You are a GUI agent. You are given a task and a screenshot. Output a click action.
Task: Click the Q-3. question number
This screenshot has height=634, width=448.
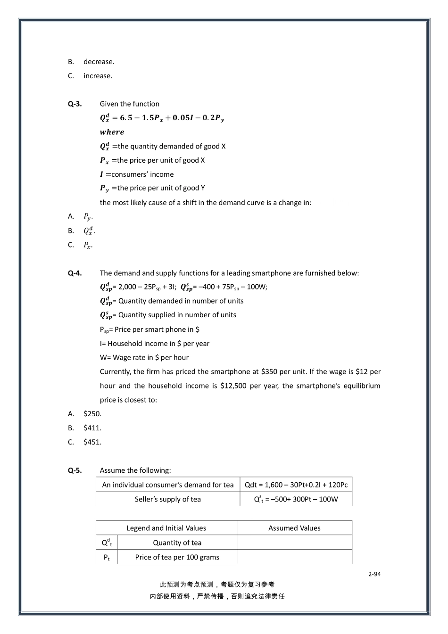(75, 104)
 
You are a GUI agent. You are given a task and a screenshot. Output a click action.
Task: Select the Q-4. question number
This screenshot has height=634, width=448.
(75, 273)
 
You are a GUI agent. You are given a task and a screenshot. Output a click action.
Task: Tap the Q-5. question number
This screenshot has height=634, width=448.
(75, 470)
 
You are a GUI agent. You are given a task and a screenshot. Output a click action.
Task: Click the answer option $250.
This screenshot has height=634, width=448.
(92, 414)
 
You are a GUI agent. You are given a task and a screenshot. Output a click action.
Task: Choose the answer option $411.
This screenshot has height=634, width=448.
(92, 428)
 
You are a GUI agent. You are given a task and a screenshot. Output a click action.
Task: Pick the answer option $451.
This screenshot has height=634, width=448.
(92, 442)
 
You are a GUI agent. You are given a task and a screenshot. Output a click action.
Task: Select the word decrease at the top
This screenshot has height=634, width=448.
(99, 62)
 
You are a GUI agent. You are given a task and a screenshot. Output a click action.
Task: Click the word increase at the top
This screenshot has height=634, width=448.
(98, 76)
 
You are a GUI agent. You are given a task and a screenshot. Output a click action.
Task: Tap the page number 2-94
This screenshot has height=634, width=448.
(374, 574)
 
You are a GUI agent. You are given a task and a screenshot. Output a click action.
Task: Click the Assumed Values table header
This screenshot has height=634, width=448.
(294, 528)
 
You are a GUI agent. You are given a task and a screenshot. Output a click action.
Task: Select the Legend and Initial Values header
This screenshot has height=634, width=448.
(166, 528)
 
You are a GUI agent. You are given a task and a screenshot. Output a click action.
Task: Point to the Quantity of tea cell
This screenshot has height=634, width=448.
(177, 543)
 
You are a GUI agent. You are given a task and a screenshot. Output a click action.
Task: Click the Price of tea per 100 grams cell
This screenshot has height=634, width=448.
(177, 557)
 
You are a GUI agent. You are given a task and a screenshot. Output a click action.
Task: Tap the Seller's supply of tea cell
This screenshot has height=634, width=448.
(167, 499)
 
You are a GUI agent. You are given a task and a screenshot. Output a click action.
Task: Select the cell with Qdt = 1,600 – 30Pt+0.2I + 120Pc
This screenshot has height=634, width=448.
(296, 485)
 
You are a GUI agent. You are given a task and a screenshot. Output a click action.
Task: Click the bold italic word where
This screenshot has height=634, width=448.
(112, 132)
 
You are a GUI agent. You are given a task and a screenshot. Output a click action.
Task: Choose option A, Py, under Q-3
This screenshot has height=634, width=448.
(88, 216)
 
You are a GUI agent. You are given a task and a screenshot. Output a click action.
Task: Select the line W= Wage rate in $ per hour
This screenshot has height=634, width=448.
(144, 358)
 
